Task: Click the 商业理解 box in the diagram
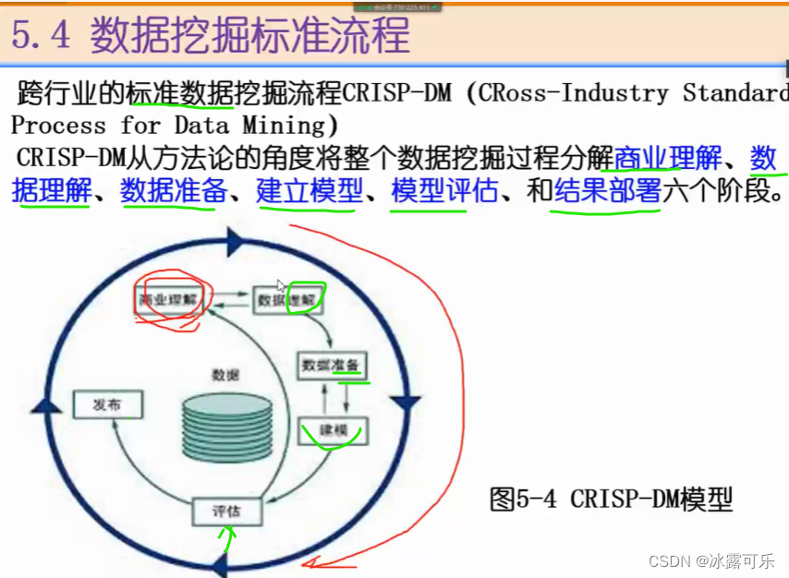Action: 170,299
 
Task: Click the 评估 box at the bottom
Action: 226,511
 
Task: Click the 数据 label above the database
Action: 225,375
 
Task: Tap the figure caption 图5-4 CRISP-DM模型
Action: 610,500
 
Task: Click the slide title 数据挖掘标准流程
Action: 249,35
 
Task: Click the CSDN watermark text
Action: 710,560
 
